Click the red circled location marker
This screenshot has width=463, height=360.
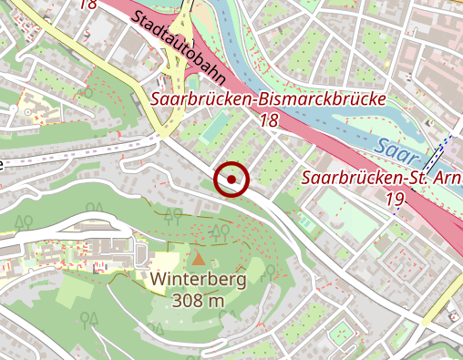[231, 180]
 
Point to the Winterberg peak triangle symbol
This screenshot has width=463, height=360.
[199, 261]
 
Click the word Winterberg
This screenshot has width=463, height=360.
[200, 280]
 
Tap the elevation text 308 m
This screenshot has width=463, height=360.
[199, 300]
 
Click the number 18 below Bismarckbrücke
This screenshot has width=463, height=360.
[269, 119]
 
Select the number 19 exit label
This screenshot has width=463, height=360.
[395, 197]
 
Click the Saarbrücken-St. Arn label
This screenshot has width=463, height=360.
[381, 177]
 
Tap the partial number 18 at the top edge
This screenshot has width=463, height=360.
[87, 4]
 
